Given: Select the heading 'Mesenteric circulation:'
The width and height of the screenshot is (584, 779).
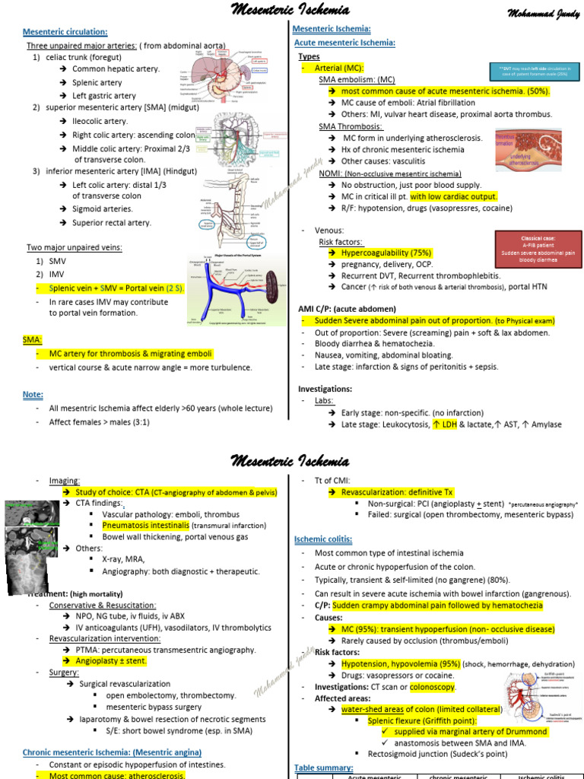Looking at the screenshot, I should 65,31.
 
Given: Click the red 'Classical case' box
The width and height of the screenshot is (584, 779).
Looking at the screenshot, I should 538,249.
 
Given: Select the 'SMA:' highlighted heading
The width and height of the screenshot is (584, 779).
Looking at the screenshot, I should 33,339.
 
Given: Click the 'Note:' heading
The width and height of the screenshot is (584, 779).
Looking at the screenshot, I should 33,394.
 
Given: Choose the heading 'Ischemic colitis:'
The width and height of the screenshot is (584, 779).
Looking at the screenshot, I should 323,539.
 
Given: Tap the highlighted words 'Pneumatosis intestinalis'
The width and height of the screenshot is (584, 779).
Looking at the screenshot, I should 145,526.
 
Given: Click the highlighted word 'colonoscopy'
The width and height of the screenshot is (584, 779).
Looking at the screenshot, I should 433,687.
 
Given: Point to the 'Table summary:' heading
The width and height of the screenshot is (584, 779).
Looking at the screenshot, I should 323,768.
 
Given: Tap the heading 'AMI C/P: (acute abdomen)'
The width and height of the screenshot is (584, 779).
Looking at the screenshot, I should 347,309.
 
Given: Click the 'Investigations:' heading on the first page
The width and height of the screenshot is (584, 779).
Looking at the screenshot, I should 325,389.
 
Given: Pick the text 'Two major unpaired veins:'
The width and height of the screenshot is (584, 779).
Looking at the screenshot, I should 75,248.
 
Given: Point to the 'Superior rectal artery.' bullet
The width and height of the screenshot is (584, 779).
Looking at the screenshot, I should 112,223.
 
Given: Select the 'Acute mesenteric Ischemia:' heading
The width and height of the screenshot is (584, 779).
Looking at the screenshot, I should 344,43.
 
